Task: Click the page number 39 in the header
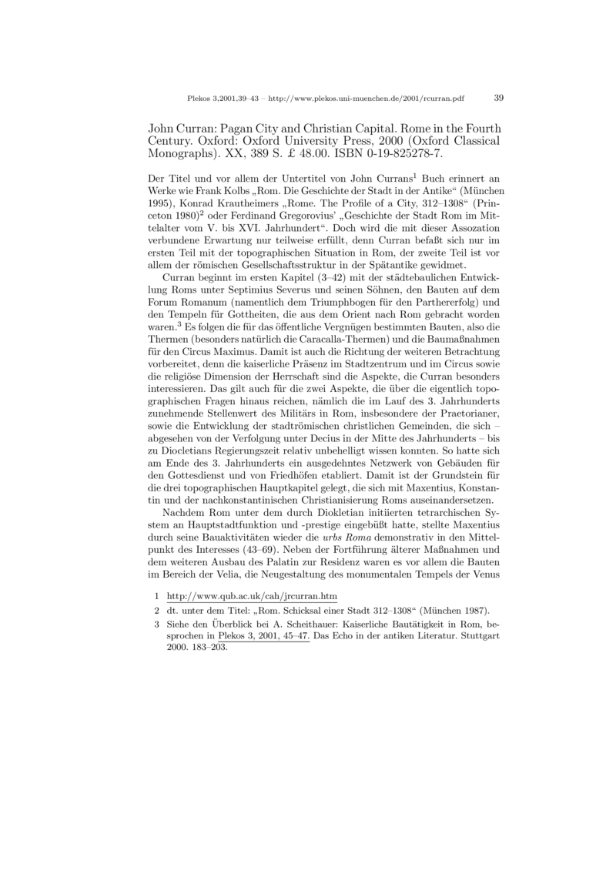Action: click(x=497, y=98)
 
